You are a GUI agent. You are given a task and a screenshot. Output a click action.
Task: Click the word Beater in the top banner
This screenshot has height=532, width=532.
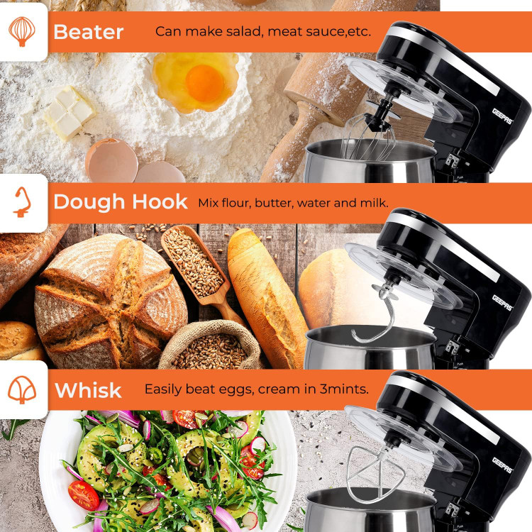(88, 32)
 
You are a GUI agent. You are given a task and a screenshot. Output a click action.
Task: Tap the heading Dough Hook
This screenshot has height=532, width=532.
(121, 202)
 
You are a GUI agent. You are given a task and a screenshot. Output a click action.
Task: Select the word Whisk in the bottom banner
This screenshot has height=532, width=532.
(88, 390)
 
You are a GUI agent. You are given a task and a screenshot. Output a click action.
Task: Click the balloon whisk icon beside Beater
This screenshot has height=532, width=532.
(22, 31)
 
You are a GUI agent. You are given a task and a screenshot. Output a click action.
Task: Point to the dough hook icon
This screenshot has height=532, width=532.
(23, 202)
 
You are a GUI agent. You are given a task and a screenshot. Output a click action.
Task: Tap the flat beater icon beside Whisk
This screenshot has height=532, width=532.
(22, 389)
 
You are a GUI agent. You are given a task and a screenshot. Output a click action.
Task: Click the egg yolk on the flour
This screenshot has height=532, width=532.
(204, 83)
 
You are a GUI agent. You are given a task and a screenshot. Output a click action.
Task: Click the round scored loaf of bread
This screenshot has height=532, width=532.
(111, 302)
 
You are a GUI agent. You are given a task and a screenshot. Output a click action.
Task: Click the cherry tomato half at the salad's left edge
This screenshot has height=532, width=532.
(84, 495)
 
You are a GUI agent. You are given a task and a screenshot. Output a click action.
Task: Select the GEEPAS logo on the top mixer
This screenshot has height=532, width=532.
(502, 116)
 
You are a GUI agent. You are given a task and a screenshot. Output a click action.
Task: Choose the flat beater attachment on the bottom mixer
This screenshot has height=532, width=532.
(375, 473)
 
